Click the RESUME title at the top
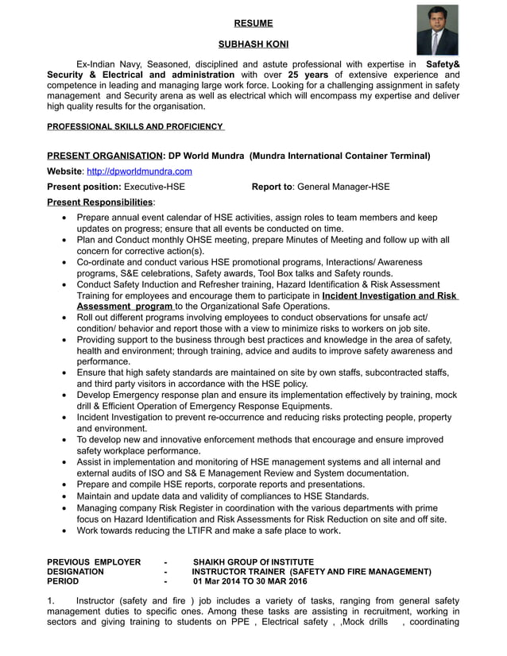pos(253,23)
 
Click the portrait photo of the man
pos(438,30)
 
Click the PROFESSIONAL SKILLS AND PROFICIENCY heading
pos(135,126)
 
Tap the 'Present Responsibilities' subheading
pos(100,203)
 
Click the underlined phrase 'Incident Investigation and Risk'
pos(389,295)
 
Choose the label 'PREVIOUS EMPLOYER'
pos(94,561)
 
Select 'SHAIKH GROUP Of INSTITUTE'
pos(253,561)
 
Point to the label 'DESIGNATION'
pos(75,571)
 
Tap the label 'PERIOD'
pos(63,581)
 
